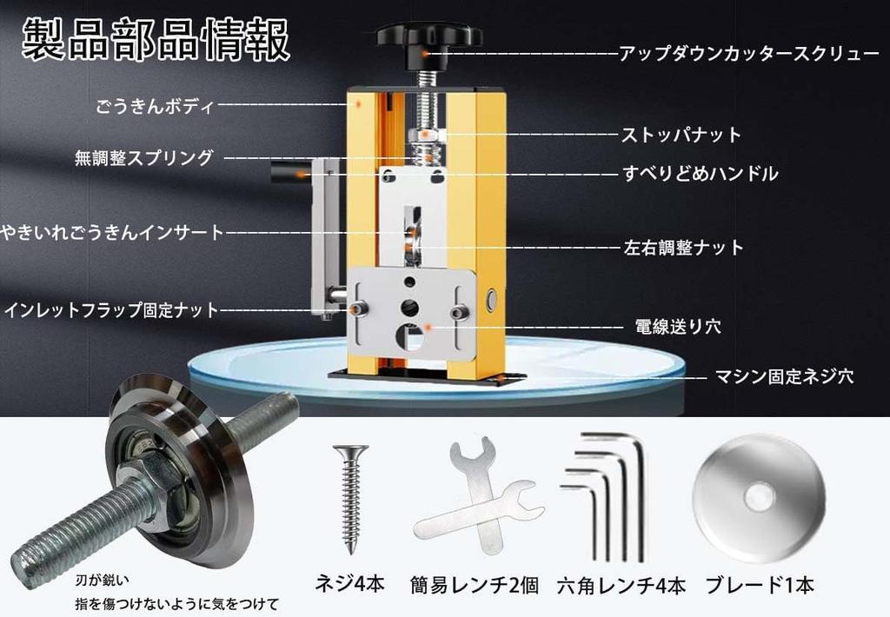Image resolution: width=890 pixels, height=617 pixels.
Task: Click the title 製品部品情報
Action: pos(156,39)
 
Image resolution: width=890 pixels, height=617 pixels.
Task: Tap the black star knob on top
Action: pos(429,35)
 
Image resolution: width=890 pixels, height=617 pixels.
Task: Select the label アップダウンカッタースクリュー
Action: pos(748,53)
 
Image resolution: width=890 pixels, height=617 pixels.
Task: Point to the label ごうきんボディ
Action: pos(155,105)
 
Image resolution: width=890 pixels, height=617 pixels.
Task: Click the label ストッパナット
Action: pos(681,135)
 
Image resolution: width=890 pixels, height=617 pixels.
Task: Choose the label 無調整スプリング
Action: pos(144,157)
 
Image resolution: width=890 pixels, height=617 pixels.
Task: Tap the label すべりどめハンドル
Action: pos(700,173)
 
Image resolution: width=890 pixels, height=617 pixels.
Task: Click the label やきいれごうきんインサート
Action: pos(112,232)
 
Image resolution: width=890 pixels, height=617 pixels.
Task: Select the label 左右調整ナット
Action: pos(683,248)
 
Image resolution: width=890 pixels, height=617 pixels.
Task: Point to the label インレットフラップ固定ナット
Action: pos(111,310)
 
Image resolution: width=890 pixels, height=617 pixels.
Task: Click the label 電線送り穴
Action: pos(678,327)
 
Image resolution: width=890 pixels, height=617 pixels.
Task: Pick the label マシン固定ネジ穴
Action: pos(783,375)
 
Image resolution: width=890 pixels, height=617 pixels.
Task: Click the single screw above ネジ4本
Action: pos(351,499)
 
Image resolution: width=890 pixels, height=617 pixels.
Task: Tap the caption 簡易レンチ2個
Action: pos(474,585)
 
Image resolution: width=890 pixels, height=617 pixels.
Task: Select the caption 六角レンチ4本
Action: pos(621,585)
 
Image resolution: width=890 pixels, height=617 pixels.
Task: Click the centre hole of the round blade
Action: pos(758,498)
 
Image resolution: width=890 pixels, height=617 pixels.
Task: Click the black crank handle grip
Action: pos(289,171)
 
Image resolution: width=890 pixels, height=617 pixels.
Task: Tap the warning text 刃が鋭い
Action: pos(103,581)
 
